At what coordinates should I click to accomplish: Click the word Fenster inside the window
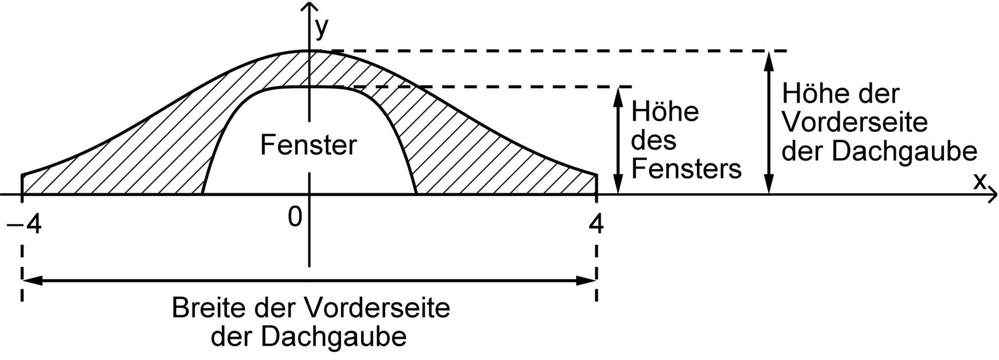[308, 145]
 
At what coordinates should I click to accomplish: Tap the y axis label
[322, 27]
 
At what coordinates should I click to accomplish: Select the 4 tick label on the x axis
[596, 224]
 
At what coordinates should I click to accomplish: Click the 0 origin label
[295, 217]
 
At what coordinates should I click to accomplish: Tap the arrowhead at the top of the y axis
[310, 8]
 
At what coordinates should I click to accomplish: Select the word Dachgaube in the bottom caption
[335, 336]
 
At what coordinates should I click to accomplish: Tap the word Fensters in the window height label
[686, 170]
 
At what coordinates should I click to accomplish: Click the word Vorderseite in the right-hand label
[854, 122]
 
